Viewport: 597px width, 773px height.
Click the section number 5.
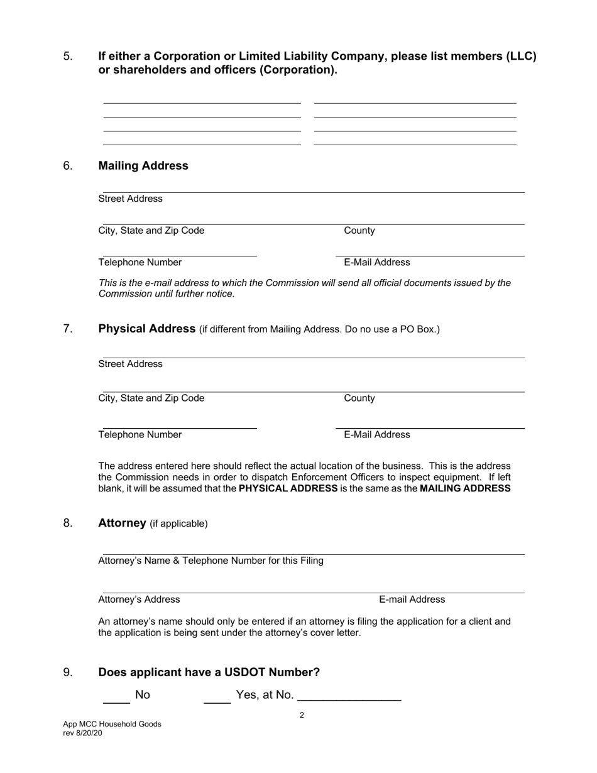click(68, 57)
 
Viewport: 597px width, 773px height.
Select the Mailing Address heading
click(143, 166)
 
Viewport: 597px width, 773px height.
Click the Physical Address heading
click(147, 329)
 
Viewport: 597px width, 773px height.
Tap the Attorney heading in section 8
click(122, 524)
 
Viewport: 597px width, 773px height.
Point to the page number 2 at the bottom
click(302, 715)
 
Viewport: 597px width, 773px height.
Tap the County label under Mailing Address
click(359, 231)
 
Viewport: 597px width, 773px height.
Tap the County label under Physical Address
click(359, 398)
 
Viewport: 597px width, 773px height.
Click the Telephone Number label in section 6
click(140, 263)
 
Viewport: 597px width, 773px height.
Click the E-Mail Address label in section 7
click(377, 435)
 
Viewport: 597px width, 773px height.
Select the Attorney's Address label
click(139, 600)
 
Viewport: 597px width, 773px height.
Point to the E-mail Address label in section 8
click(412, 600)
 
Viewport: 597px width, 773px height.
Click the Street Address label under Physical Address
click(130, 365)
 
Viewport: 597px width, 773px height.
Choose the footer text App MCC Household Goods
click(112, 724)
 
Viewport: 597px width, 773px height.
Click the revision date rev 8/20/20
click(82, 733)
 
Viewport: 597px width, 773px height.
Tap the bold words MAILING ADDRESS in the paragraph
click(465, 488)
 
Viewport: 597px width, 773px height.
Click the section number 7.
click(68, 329)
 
